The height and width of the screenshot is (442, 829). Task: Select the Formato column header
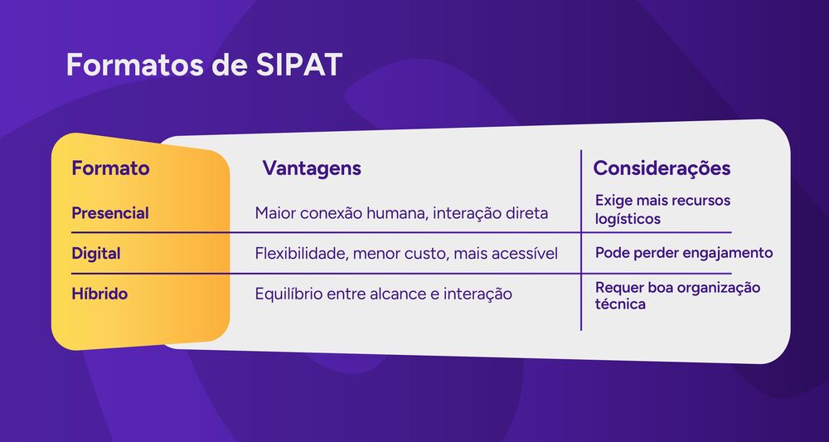110,168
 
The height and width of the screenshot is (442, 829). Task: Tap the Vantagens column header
312,168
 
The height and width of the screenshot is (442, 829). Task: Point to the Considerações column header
662,168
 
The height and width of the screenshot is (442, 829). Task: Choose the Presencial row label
110,213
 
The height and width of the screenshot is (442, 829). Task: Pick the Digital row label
96,253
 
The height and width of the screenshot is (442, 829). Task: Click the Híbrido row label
99,294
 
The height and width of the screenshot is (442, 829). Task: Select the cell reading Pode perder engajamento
684,253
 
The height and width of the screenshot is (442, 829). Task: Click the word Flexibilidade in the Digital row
300,254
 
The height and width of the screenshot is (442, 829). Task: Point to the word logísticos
628,220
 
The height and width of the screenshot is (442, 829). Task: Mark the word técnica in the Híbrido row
620,304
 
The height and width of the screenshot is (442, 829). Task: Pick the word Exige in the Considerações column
613,201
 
